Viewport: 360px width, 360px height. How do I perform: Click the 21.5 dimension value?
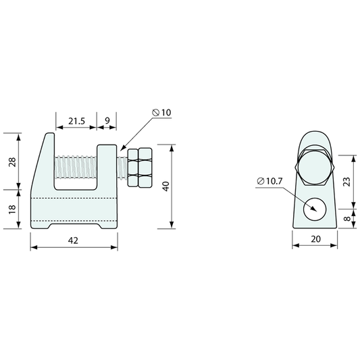tap(77, 121)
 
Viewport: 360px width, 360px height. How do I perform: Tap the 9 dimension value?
tap(107, 120)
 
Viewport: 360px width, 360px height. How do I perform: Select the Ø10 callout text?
tap(162, 113)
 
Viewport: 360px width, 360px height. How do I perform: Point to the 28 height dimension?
tap(12, 162)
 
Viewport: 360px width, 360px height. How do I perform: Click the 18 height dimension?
tap(12, 209)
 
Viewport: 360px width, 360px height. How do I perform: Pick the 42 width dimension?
tap(73, 240)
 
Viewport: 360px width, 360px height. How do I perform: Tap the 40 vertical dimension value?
tap(165, 186)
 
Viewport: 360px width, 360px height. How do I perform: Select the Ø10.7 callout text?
tap(269, 181)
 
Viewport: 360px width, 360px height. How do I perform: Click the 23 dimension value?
tap(348, 182)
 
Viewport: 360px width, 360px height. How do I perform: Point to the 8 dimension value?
tap(348, 218)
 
